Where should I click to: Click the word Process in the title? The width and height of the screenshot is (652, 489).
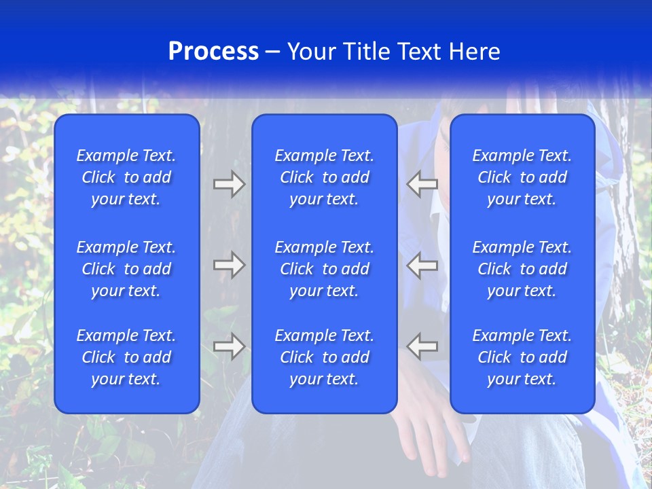pyautogui.click(x=213, y=52)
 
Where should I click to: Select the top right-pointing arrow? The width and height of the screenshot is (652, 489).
pyautogui.click(x=229, y=184)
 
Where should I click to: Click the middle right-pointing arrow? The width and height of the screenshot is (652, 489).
pyautogui.click(x=229, y=265)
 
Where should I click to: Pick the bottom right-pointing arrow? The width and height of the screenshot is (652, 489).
pyautogui.click(x=229, y=346)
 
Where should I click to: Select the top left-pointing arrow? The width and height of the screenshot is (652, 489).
pyautogui.click(x=422, y=184)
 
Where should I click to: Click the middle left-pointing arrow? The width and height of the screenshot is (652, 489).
pyautogui.click(x=422, y=265)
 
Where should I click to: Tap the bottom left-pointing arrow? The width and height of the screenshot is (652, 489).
pyautogui.click(x=422, y=346)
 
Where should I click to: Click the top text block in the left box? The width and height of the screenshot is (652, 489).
pyautogui.click(x=126, y=177)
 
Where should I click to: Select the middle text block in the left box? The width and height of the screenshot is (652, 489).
pyautogui.click(x=126, y=269)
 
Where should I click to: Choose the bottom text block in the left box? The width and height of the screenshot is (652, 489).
pyautogui.click(x=126, y=357)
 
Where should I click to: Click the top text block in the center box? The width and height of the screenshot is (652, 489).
pyautogui.click(x=324, y=177)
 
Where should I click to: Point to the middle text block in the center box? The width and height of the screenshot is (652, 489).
pyautogui.click(x=324, y=269)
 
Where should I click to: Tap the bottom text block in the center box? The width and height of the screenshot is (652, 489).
pyautogui.click(x=324, y=357)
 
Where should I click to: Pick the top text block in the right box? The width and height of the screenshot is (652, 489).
pyautogui.click(x=522, y=177)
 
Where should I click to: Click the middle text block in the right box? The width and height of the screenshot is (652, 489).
pyautogui.click(x=522, y=269)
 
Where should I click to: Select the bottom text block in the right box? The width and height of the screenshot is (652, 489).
pyautogui.click(x=522, y=357)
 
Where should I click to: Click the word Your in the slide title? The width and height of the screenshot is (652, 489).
pyautogui.click(x=312, y=52)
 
